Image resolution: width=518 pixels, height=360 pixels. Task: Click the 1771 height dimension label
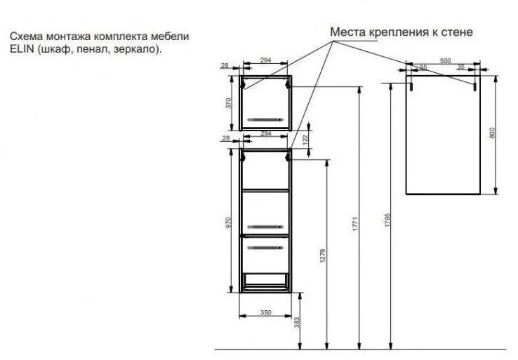[355, 224]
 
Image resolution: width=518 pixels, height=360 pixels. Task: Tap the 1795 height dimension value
[387, 220]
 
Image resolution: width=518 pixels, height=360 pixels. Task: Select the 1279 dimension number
[323, 255]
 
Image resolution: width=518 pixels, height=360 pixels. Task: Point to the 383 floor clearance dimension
[297, 323]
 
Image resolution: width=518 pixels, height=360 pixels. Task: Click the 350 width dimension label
[265, 312]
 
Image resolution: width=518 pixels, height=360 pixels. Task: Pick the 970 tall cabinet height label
[228, 222]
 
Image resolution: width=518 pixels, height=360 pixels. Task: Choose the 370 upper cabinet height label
[228, 102]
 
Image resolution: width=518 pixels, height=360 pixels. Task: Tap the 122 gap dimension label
[305, 139]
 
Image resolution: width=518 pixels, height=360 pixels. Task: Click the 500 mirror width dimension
[445, 61]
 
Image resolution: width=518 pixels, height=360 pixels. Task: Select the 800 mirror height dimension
[492, 133]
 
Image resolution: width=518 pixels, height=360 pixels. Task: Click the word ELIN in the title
[22, 49]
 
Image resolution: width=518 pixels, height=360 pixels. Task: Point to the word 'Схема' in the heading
[27, 36]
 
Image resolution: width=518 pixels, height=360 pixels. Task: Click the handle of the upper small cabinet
[265, 119]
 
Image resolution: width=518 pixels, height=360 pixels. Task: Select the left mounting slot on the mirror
[411, 86]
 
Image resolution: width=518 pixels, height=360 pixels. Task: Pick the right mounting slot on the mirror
[474, 86]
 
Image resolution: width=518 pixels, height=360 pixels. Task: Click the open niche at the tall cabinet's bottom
[265, 279]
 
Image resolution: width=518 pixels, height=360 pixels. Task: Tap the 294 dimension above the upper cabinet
[265, 60]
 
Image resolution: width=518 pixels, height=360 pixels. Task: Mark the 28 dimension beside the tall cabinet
[226, 138]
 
